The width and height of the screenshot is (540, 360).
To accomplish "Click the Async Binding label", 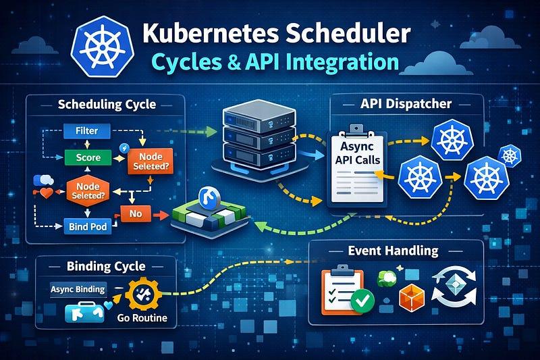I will pyautogui.click(x=78, y=289).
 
